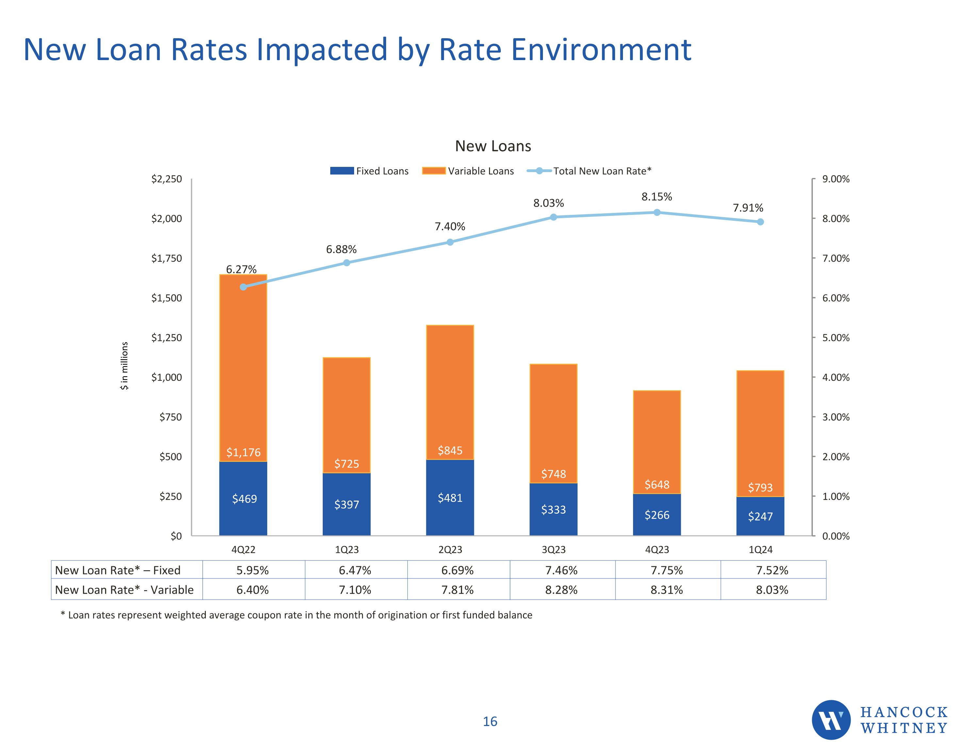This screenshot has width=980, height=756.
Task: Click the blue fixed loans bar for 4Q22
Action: point(243,498)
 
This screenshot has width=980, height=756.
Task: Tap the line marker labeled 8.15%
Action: point(657,212)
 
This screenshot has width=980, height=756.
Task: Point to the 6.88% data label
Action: point(341,249)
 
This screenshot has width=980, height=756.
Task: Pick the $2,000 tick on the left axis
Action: point(167,218)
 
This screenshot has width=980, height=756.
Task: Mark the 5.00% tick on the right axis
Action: point(836,337)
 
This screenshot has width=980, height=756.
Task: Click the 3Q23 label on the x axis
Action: point(553,550)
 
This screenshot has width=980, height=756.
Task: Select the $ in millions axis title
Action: point(124,366)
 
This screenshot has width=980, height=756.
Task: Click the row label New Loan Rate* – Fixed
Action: point(118,570)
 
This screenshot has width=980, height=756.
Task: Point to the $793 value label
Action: point(760,487)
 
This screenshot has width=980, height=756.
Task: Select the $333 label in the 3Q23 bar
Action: point(553,510)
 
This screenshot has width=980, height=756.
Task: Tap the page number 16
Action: point(490,721)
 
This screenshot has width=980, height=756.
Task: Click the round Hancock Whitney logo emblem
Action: point(831,720)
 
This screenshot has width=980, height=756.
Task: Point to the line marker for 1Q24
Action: point(760,222)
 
